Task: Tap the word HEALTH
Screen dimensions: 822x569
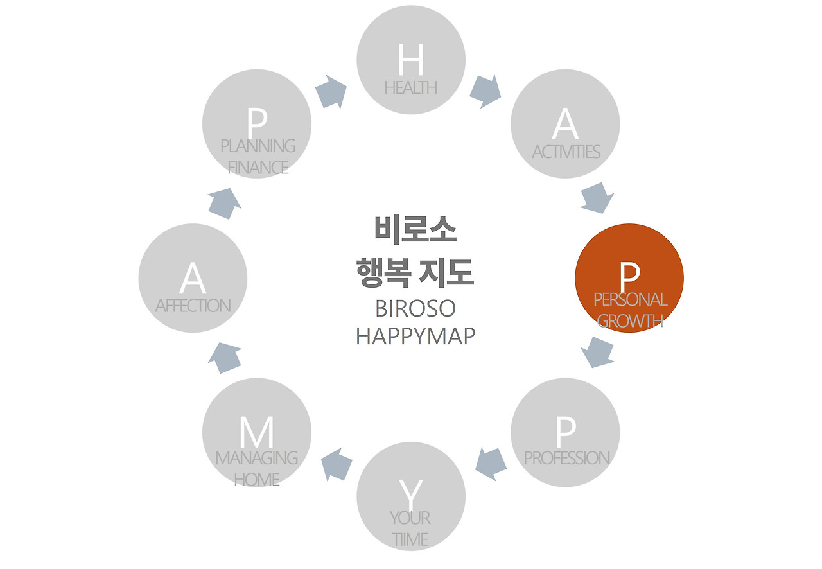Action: [411, 87]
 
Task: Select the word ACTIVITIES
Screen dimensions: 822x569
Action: [566, 152]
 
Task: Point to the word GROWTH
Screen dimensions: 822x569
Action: [630, 320]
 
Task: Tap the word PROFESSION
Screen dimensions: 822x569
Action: [566, 458]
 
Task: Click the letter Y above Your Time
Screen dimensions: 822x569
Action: [411, 494]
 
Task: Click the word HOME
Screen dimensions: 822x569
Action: [257, 479]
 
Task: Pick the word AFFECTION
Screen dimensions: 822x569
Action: [193, 306]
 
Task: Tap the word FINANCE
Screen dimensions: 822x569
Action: [258, 168]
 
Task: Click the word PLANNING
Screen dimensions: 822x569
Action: [258, 146]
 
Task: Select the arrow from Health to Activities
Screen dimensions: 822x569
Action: [485, 91]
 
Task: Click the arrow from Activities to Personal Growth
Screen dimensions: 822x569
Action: [597, 198]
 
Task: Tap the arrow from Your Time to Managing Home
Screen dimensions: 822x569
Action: [337, 464]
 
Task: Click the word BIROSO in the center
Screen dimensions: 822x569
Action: [415, 308]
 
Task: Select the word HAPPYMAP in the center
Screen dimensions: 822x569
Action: [415, 336]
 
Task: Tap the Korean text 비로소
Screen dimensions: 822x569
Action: [415, 229]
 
